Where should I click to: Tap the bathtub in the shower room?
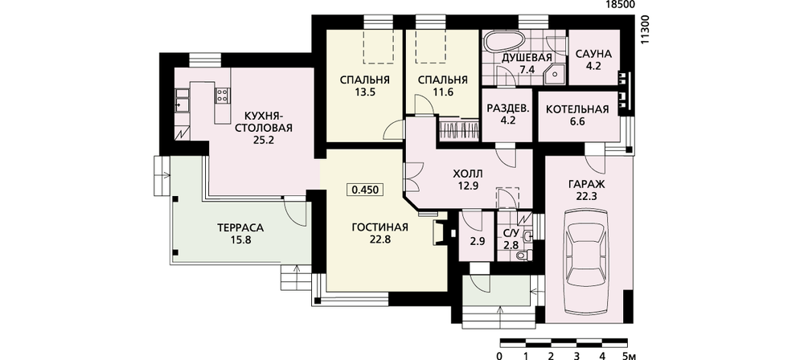(504, 42)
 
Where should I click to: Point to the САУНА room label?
(593, 54)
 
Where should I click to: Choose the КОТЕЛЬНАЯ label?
(576, 109)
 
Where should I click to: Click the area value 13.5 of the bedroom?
(364, 92)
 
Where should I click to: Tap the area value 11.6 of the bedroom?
(442, 92)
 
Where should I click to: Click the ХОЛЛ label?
(469, 174)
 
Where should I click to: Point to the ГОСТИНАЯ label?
(380, 227)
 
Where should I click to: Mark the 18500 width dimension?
(621, 5)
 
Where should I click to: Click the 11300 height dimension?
(646, 30)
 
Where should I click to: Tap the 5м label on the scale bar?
(630, 355)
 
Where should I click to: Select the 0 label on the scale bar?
(499, 355)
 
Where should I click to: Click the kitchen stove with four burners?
(223, 94)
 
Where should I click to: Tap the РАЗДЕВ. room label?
(508, 109)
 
